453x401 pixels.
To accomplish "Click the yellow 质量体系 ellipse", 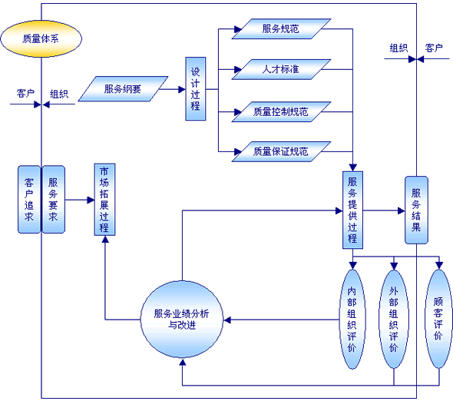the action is (41, 38).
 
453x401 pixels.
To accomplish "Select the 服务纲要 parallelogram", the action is (123, 89).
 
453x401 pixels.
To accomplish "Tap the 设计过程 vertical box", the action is (196, 89).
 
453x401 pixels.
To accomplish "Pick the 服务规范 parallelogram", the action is (281, 29).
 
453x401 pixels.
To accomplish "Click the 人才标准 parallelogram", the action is (281, 69).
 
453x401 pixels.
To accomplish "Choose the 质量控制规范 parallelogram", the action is (281, 112).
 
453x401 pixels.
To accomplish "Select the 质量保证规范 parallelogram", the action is (281, 152).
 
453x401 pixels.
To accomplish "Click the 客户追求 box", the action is (29, 200).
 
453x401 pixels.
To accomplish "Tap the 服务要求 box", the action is (54, 200).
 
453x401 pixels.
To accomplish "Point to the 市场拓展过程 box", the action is (104, 200).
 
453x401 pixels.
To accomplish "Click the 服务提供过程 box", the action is (352, 210).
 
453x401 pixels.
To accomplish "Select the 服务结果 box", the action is (416, 210).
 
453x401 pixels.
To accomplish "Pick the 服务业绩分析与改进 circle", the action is (182, 320).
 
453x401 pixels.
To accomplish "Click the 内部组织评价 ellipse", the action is (352, 319).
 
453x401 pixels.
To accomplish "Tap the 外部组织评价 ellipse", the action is (394, 319).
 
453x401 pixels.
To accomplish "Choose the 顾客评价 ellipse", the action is (439, 319).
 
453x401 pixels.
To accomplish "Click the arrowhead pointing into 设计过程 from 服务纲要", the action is (182, 89).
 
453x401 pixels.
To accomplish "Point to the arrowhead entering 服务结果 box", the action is (402, 210).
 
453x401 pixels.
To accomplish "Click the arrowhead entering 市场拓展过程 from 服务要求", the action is (91, 200).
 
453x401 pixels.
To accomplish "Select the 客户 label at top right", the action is (434, 48).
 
